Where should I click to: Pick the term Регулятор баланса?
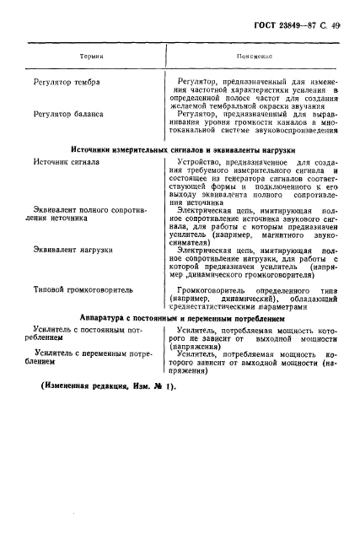[68, 112]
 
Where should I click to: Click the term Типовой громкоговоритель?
[83, 289]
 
